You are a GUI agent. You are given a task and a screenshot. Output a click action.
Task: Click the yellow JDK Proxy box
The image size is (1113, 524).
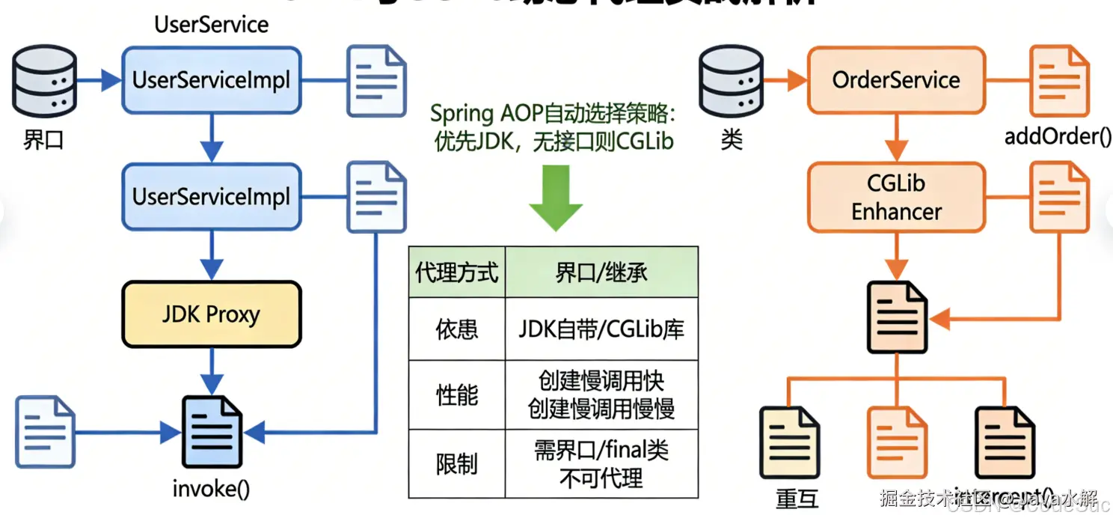click(212, 314)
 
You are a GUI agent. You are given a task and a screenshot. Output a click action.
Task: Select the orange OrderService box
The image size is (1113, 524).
click(896, 80)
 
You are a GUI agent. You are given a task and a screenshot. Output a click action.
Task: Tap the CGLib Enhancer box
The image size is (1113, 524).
click(896, 198)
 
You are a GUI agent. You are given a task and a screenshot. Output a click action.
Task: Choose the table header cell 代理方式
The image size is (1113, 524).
click(457, 272)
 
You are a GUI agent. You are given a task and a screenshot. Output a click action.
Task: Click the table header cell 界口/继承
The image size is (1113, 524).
click(601, 272)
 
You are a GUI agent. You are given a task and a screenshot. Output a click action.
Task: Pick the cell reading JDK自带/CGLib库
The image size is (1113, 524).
click(601, 329)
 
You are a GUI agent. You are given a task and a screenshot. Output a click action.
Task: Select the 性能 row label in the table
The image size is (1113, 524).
click(457, 395)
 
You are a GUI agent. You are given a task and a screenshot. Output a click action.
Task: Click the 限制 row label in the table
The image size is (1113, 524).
click(457, 464)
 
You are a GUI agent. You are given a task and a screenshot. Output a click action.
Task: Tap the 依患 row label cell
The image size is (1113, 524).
click(457, 329)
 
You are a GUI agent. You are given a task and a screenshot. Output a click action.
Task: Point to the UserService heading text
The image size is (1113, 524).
click(212, 25)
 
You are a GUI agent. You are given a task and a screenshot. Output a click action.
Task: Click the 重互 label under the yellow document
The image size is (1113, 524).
click(797, 498)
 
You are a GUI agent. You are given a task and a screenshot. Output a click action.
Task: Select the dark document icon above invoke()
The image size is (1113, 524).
click(212, 433)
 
